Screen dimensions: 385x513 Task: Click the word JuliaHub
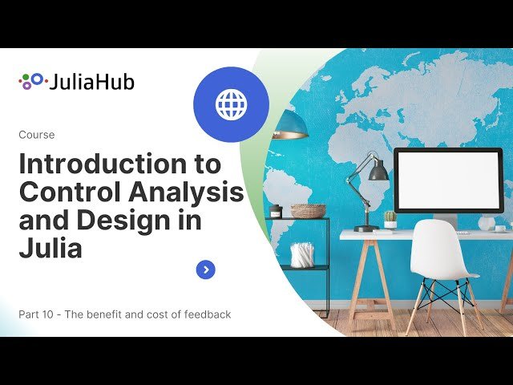(x=91, y=82)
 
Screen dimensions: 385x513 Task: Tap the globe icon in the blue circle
(x=231, y=104)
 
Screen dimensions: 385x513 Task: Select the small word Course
(x=36, y=135)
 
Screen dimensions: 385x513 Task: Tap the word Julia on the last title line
(x=50, y=249)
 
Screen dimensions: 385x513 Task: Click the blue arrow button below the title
(x=206, y=269)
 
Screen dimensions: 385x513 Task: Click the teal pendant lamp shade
(x=291, y=124)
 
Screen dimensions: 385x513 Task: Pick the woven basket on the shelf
(x=308, y=210)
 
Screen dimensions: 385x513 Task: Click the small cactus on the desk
(x=390, y=217)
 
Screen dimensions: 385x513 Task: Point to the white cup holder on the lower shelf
(x=302, y=254)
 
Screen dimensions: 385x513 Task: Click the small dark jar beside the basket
(x=277, y=211)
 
